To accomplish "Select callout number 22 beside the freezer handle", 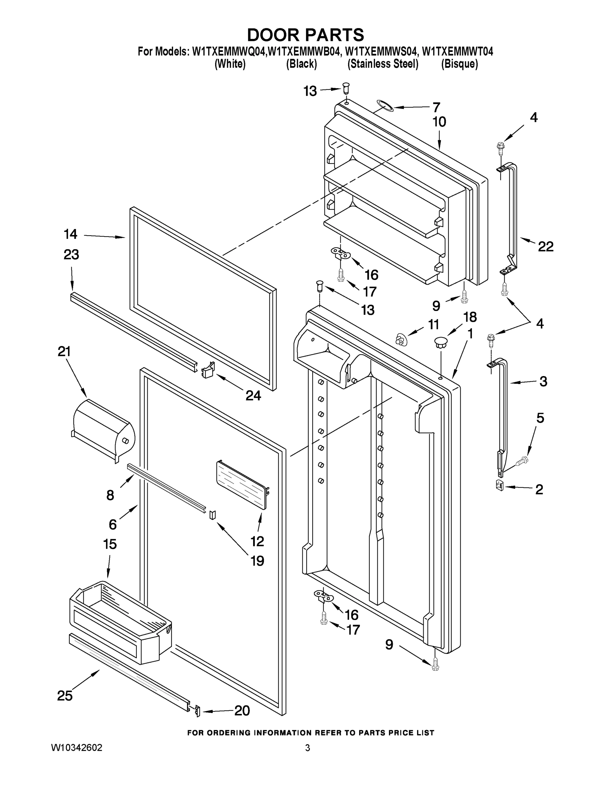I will coord(546,247).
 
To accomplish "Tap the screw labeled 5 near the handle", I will coord(521,461).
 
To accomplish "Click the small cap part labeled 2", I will coord(500,485).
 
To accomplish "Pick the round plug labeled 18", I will coord(441,341).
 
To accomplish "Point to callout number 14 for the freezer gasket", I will coord(70,234).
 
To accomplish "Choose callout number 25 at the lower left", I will coord(65,696).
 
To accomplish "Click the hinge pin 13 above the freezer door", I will coord(346,88).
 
